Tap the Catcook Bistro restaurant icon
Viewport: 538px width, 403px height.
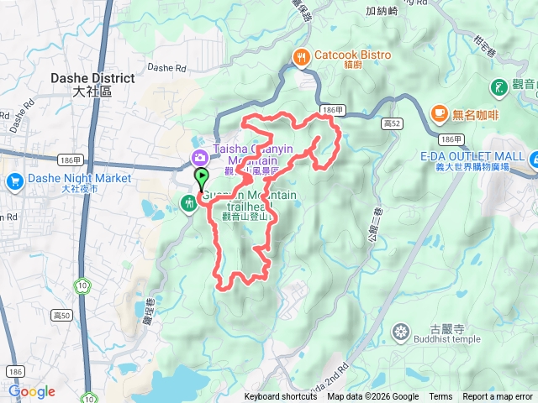301,56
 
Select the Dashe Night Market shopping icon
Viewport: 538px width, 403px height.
14,181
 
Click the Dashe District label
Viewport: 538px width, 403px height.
92,78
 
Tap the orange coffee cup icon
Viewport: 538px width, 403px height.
439,113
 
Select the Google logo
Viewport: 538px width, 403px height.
31,391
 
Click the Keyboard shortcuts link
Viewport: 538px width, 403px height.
281,397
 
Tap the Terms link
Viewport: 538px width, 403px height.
440,397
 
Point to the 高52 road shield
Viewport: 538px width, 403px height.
390,123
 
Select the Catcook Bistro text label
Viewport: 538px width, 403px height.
353,55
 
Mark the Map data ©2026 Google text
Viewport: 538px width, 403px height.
372,397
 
